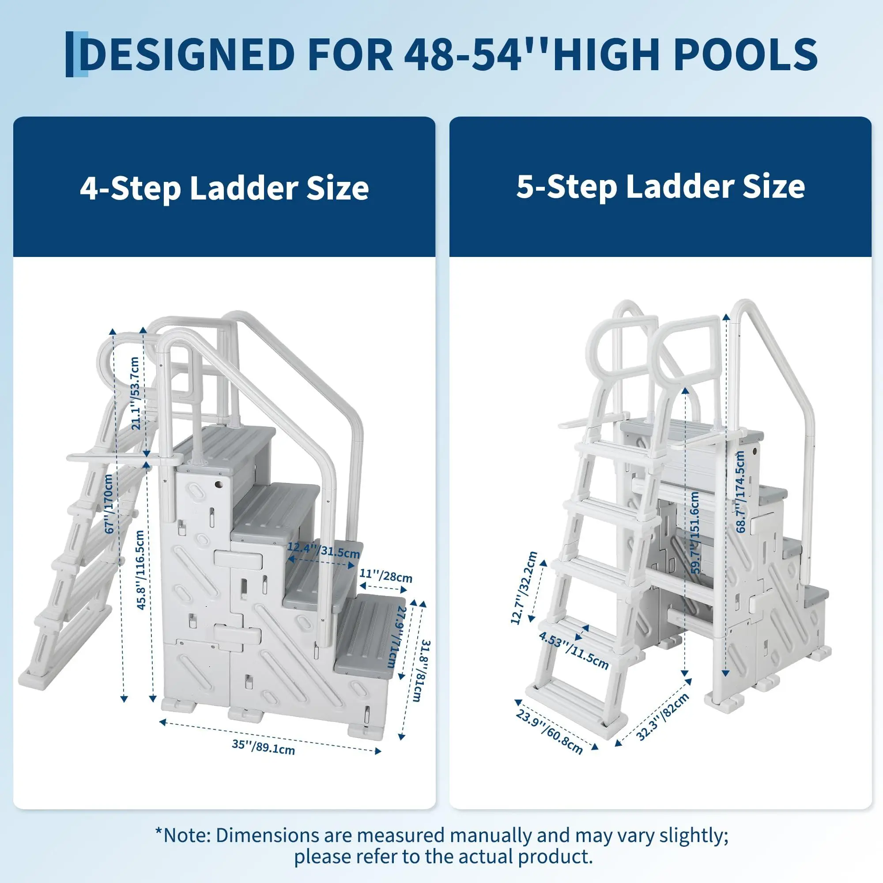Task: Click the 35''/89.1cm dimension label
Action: (263, 747)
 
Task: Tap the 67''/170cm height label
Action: (109, 504)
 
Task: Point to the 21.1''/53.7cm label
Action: (135, 393)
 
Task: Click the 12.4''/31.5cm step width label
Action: (324, 550)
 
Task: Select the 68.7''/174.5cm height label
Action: (741, 492)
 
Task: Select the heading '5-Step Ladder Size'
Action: (660, 186)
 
